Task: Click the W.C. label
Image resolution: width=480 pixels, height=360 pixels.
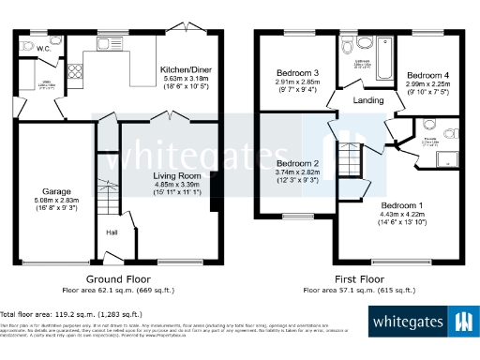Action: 31,50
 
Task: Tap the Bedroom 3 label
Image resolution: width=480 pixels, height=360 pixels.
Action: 297,73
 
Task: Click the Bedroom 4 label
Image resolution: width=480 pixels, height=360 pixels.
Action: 427,73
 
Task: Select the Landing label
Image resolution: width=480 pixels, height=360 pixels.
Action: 368,99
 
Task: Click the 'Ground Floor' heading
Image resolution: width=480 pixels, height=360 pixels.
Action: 120,279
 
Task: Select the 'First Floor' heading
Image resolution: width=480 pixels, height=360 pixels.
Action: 360,279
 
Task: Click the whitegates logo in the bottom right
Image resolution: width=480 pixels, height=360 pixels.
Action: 421,322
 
